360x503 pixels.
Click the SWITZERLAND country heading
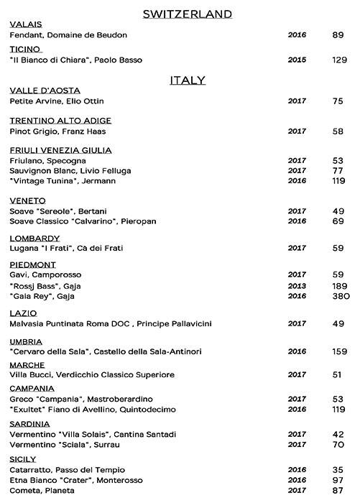pyautogui.click(x=187, y=14)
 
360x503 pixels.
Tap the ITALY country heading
pyautogui.click(x=187, y=80)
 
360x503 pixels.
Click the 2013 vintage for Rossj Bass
pyautogui.click(x=297, y=285)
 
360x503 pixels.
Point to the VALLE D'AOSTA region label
pyautogui.click(x=45, y=91)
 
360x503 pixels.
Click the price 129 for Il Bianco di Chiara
pyautogui.click(x=338, y=60)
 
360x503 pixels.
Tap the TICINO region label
pyautogui.click(x=26, y=49)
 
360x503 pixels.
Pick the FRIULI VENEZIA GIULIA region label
pyautogui.click(x=60, y=149)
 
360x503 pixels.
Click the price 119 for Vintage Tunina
pyautogui.click(x=338, y=181)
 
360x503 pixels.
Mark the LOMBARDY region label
pyautogui.click(x=34, y=238)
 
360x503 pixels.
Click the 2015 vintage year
pyautogui.click(x=297, y=60)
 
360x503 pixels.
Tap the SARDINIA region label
pyautogui.click(x=30, y=424)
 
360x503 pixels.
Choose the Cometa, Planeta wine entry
pyautogui.click(x=43, y=490)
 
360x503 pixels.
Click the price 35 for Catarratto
pyautogui.click(x=338, y=469)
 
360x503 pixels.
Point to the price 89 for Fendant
pyautogui.click(x=338, y=34)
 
